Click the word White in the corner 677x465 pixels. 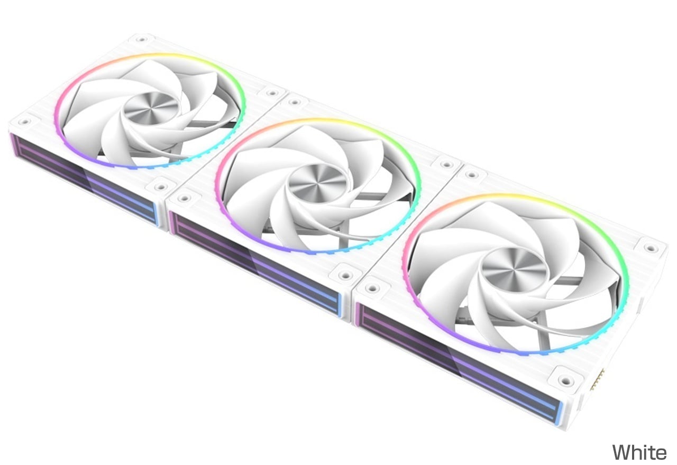pos(639,452)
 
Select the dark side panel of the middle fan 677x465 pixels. pos(255,263)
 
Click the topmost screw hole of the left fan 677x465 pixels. pos(141,39)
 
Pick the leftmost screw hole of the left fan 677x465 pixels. pos(24,122)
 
